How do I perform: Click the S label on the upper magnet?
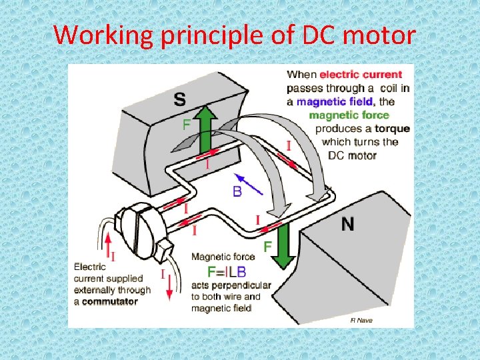[x=180, y=100]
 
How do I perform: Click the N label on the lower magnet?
[x=347, y=224]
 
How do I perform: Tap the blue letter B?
[x=237, y=191]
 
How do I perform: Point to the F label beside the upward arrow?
[x=188, y=125]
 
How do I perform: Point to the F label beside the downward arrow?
[x=267, y=247]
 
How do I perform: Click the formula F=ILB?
[x=227, y=271]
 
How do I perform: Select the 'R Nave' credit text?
[x=361, y=321]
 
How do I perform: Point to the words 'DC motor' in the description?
[x=353, y=155]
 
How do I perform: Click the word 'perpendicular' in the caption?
[x=243, y=285]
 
